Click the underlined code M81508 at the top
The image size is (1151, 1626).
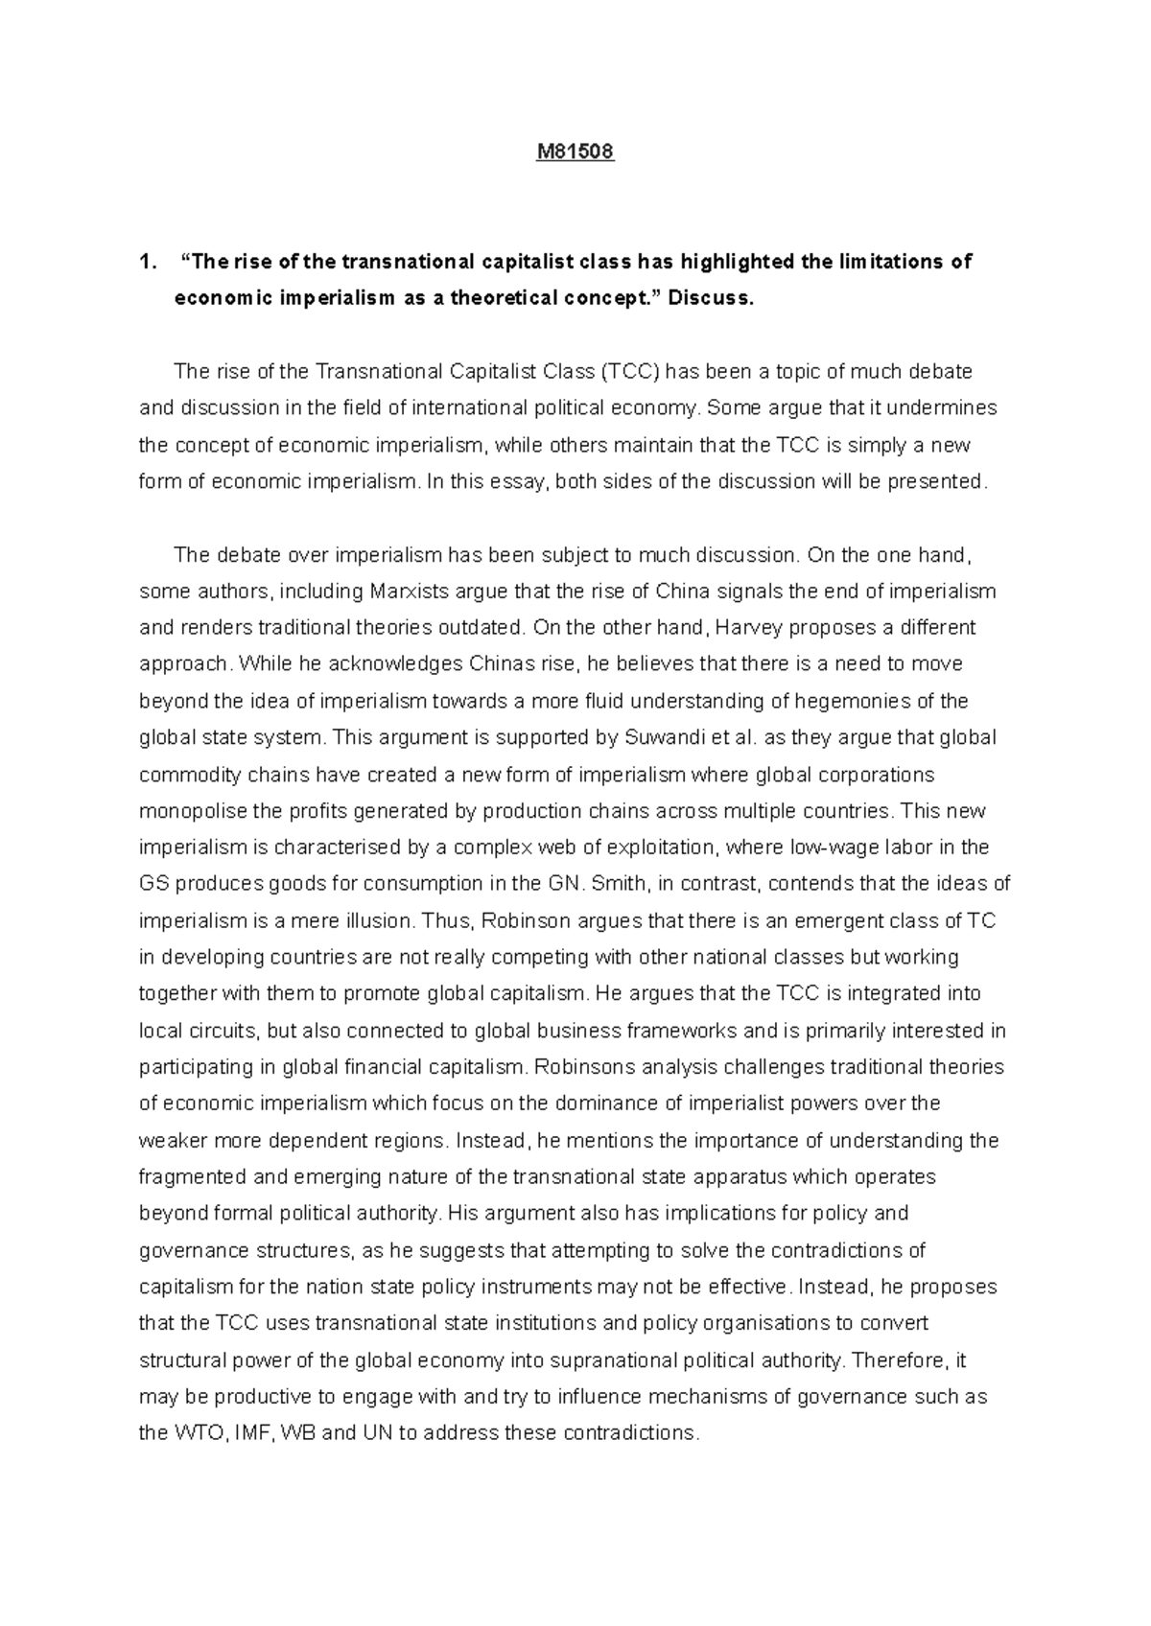tap(575, 151)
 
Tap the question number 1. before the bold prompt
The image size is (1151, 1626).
tap(146, 262)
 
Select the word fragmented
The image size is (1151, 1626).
tap(192, 1176)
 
